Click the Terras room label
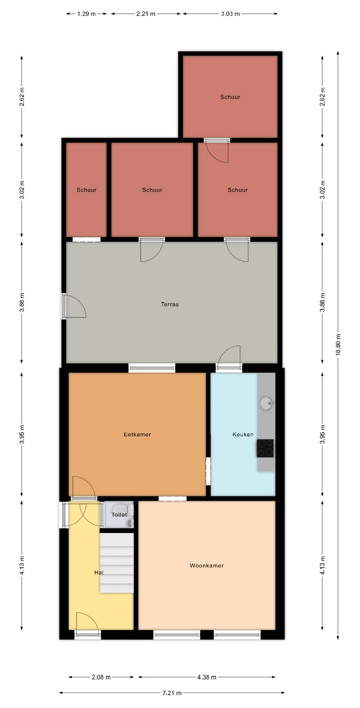click(x=170, y=305)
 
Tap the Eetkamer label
click(x=137, y=434)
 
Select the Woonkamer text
click(x=207, y=565)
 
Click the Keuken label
click(x=243, y=434)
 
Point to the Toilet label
click(x=119, y=515)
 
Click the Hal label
click(x=99, y=572)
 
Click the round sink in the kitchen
click(x=266, y=403)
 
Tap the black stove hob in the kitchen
click(x=265, y=448)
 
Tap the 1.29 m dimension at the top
click(x=86, y=14)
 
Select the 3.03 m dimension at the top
click(x=230, y=14)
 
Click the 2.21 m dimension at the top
click(x=146, y=14)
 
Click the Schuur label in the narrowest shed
click(x=86, y=190)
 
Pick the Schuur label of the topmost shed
click(x=230, y=97)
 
